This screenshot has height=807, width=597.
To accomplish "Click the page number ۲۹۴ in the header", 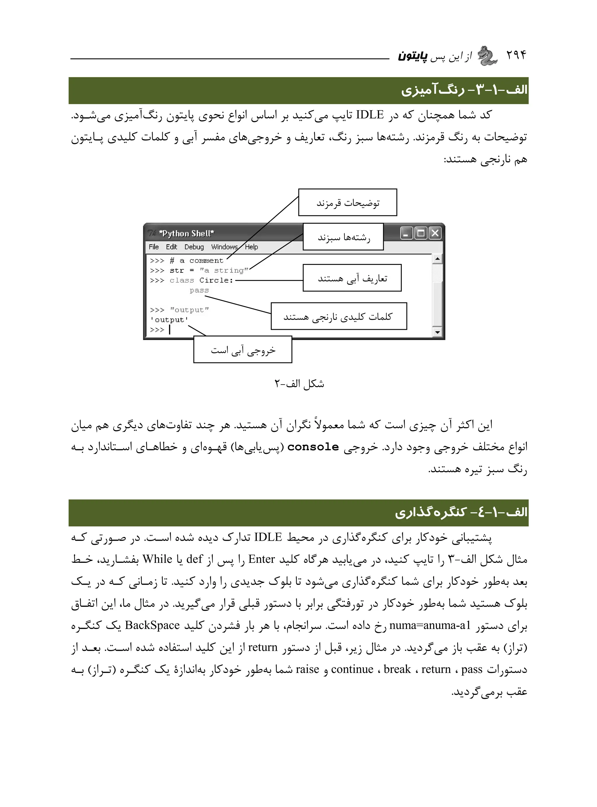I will pyautogui.click(x=516, y=55).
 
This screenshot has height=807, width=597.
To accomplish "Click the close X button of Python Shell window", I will pyautogui.click(x=435, y=233).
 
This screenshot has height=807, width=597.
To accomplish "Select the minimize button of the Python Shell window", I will pyautogui.click(x=407, y=233).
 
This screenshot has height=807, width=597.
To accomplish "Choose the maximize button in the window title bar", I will pyautogui.click(x=421, y=233).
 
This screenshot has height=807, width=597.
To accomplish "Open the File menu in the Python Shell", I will pyautogui.click(x=154, y=247).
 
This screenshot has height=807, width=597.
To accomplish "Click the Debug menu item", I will pyautogui.click(x=194, y=247).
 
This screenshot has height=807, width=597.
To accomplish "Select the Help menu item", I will pyautogui.click(x=252, y=247).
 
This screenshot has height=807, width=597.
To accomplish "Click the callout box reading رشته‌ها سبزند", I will pyautogui.click(x=343, y=237).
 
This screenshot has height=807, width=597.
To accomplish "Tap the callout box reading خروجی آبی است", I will pyautogui.click(x=243, y=350).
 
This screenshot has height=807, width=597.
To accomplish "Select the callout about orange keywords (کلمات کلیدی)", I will pyautogui.click(x=339, y=316).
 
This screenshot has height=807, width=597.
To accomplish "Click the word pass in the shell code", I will pyautogui.click(x=199, y=290).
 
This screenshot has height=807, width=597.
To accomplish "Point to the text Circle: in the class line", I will pyautogui.click(x=216, y=280).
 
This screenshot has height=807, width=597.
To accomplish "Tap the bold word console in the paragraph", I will pyautogui.click(x=313, y=447).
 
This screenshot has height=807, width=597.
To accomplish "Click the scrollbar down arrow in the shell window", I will pyautogui.click(x=438, y=332).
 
